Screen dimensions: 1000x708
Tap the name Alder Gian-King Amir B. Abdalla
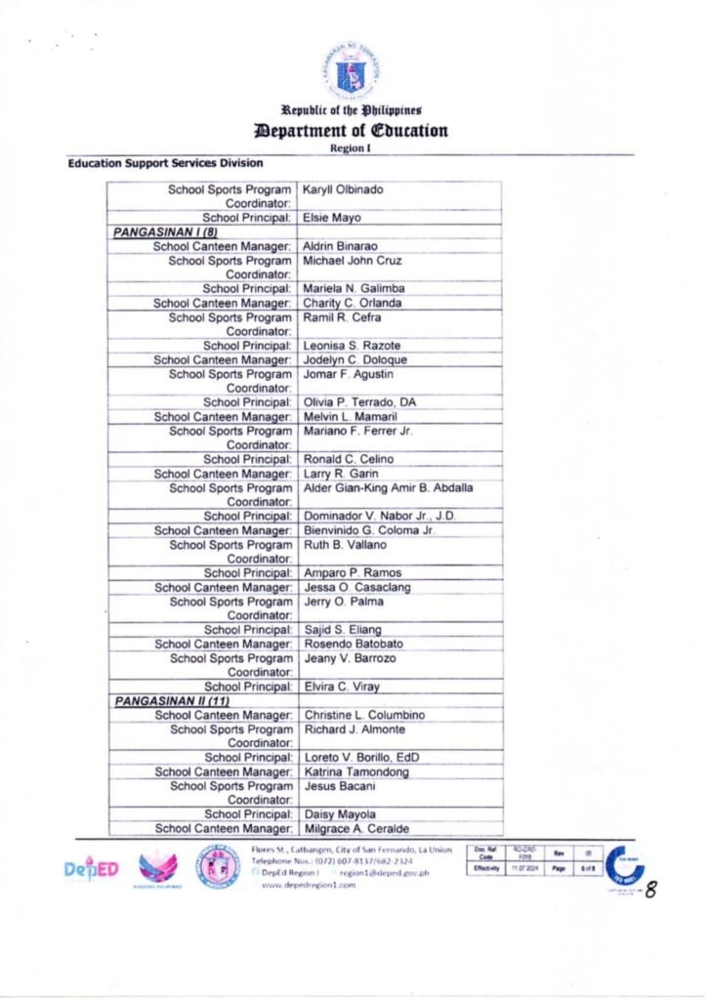pos(389,488)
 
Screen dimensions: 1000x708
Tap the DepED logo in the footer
pos(91,868)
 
